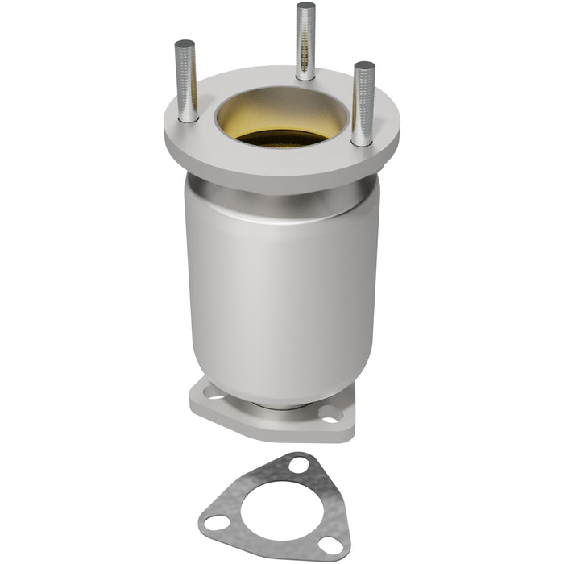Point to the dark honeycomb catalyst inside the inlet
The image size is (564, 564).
[282, 138]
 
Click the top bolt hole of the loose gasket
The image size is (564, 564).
[299, 466]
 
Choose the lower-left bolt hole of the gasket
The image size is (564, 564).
[215, 523]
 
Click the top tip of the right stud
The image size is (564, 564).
[364, 65]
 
